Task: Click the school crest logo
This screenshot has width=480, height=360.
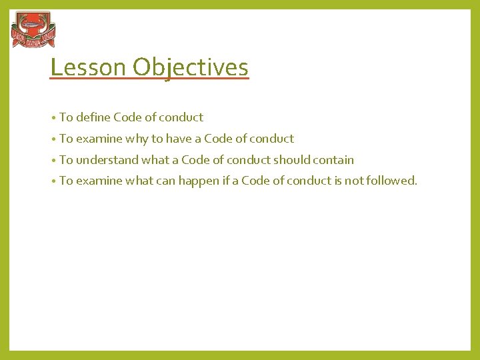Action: coord(33,30)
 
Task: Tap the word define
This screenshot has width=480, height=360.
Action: coord(93,117)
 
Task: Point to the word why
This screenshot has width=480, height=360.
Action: coord(137,139)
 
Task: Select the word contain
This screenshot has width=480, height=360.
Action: coord(332,160)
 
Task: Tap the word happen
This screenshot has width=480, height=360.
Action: coord(199,181)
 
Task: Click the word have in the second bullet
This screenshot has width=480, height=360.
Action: coord(178,139)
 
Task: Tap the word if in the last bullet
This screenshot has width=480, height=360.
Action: coord(227,181)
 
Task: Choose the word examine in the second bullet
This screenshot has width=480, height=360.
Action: coord(99,139)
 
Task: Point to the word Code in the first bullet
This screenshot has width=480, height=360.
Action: coord(127,117)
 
